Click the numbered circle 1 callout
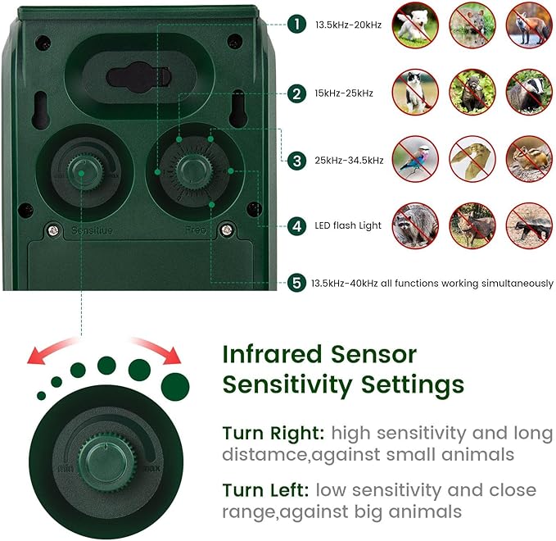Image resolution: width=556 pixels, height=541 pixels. click(x=296, y=25)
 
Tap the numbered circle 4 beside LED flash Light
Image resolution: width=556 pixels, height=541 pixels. click(x=296, y=225)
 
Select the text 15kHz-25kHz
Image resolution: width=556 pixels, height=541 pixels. click(x=344, y=93)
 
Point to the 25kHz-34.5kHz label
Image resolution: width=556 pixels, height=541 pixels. click(x=349, y=161)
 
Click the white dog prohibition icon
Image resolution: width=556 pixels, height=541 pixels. click(x=414, y=23)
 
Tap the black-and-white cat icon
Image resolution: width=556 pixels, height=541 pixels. click(x=414, y=91)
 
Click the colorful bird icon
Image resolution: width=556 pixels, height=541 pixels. click(x=414, y=158)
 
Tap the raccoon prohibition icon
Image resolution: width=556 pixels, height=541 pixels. click(x=414, y=226)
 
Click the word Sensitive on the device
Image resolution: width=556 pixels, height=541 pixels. click(x=92, y=231)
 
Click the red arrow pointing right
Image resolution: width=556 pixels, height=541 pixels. click(x=160, y=350)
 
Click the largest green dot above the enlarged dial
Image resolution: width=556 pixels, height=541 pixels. click(x=174, y=384)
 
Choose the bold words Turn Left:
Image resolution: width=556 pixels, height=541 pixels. click(x=264, y=490)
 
